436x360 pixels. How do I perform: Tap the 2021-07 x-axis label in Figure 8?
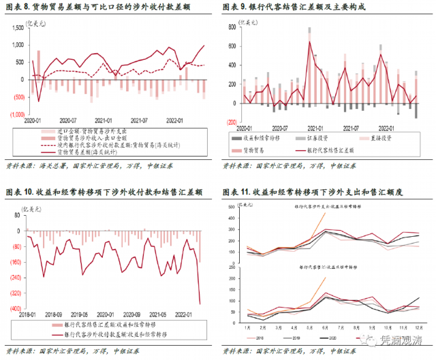138,120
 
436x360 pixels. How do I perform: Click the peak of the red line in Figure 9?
309,42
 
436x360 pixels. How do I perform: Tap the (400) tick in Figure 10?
15,308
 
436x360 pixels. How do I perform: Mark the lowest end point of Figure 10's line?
200,304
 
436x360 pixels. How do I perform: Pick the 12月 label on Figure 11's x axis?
417,328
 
